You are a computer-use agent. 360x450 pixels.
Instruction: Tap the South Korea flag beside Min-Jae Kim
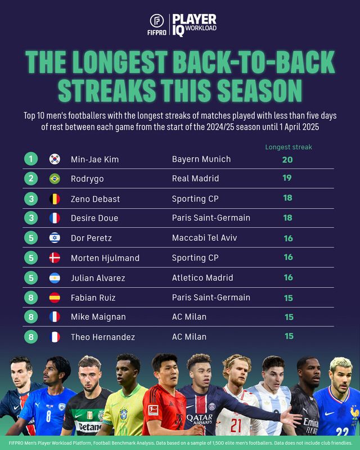[55, 159]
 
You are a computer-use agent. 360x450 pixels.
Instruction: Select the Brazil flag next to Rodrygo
[55, 179]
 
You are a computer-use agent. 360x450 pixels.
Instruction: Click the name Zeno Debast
[96, 199]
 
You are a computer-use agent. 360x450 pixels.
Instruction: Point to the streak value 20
[288, 159]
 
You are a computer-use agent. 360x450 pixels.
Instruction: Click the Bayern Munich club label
[201, 159]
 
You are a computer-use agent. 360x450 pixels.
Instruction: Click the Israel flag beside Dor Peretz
[55, 238]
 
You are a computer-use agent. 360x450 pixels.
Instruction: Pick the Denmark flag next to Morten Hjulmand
[55, 258]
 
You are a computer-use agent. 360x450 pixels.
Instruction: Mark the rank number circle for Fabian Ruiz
[31, 298]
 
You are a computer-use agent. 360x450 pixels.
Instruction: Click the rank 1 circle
[31, 159]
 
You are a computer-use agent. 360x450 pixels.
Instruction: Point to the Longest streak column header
[288, 147]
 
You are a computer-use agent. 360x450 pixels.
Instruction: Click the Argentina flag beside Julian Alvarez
[55, 277]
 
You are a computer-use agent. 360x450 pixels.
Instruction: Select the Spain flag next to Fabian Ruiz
[55, 298]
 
